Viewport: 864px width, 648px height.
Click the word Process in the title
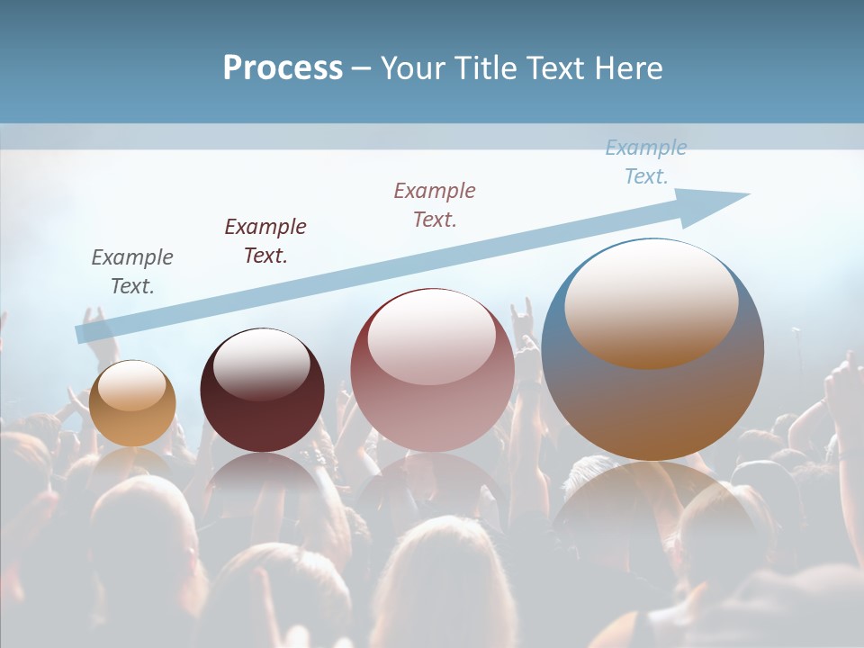click(x=283, y=68)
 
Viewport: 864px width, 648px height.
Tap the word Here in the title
click(x=628, y=68)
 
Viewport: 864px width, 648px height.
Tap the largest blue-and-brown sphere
click(x=652, y=396)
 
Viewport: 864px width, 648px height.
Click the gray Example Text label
click(x=132, y=271)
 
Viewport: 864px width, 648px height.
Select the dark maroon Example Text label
click(x=265, y=240)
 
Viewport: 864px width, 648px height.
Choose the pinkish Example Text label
click(x=435, y=204)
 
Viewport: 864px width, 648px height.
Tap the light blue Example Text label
click(x=646, y=161)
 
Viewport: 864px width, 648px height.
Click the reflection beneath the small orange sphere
click(x=132, y=463)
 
